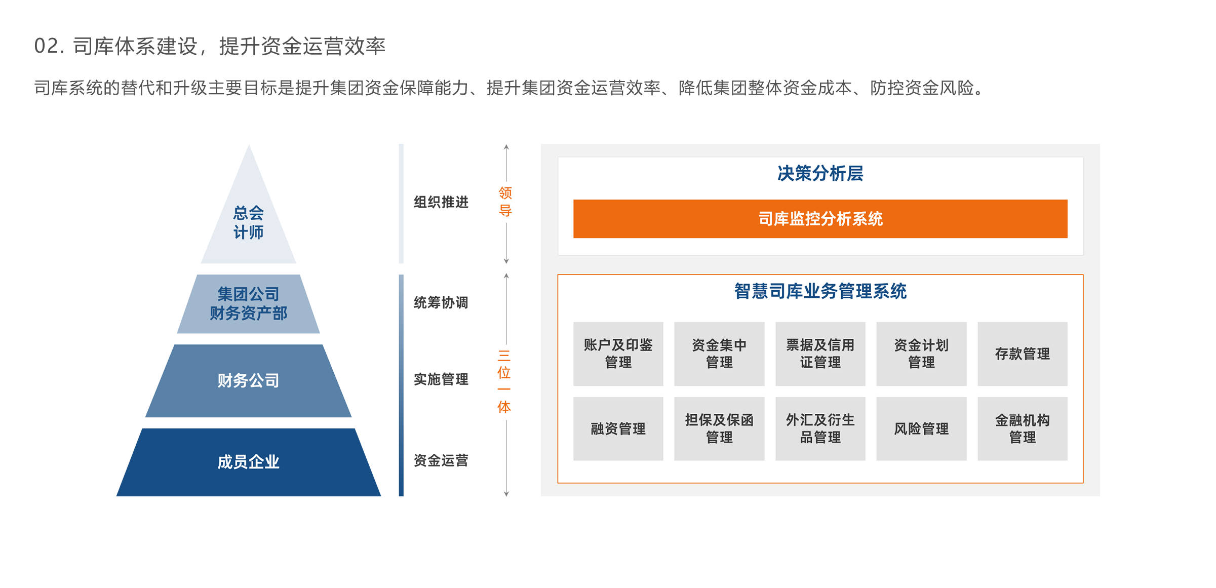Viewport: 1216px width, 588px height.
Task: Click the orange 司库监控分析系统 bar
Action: point(820,219)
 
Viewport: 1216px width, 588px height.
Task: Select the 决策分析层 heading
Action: point(820,174)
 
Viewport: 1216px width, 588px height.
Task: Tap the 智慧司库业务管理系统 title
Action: point(820,291)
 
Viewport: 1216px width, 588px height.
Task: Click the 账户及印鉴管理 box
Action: point(618,354)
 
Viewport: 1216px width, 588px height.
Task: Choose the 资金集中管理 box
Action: point(719,354)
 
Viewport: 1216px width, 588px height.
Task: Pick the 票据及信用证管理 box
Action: point(820,354)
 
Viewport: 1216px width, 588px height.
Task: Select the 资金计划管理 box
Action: point(921,354)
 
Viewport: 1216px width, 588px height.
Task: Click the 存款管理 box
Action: point(1022,354)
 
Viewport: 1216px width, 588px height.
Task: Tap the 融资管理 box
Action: point(618,428)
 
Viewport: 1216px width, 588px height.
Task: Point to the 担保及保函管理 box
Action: point(719,428)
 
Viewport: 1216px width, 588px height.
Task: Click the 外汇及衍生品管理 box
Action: point(820,428)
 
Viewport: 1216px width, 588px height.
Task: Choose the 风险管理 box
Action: point(921,428)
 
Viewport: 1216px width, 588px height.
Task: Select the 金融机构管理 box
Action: point(1022,428)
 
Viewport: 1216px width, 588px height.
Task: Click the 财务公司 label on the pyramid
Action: point(248,380)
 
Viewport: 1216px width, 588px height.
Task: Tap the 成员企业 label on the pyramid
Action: point(248,462)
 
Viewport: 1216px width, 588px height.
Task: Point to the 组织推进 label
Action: point(441,202)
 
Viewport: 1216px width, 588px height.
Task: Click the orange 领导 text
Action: point(505,202)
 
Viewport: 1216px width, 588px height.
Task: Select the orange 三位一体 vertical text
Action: point(504,381)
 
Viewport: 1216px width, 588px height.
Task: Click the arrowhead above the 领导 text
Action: point(506,147)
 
